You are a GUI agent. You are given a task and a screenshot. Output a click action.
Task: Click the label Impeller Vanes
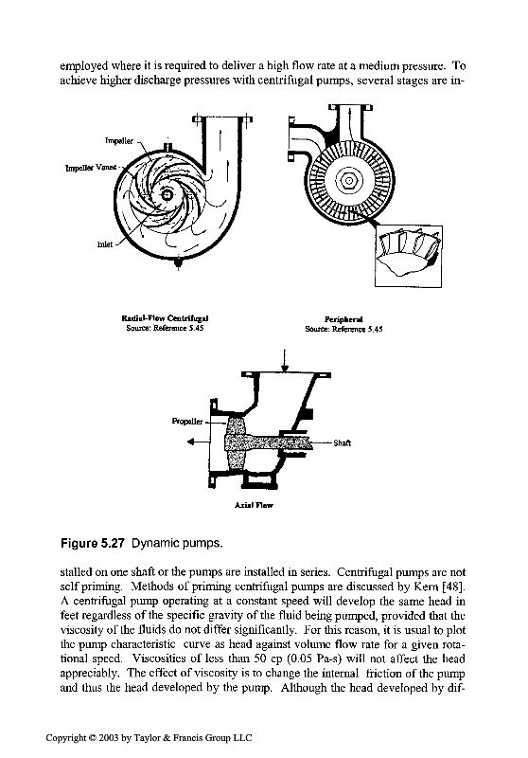91,168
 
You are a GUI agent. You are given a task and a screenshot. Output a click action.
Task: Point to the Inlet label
105,244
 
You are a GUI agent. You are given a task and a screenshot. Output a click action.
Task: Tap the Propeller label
187,421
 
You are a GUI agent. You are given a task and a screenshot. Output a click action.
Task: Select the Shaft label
343,442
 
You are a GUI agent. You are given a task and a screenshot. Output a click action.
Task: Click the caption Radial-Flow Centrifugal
165,318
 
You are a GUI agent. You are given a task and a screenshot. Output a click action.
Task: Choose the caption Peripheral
343,319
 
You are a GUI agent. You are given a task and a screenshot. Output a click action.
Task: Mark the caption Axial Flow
254,505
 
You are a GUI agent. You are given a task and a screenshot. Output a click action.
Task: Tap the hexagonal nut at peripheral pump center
348,181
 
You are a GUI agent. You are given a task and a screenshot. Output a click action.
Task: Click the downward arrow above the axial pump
285,360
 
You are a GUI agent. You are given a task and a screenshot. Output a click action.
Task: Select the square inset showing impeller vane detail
409,256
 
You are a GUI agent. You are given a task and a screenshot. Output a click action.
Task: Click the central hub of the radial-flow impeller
167,194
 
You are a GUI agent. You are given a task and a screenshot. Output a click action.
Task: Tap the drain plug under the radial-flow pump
179,263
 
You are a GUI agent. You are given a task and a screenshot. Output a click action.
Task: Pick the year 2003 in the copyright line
109,738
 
